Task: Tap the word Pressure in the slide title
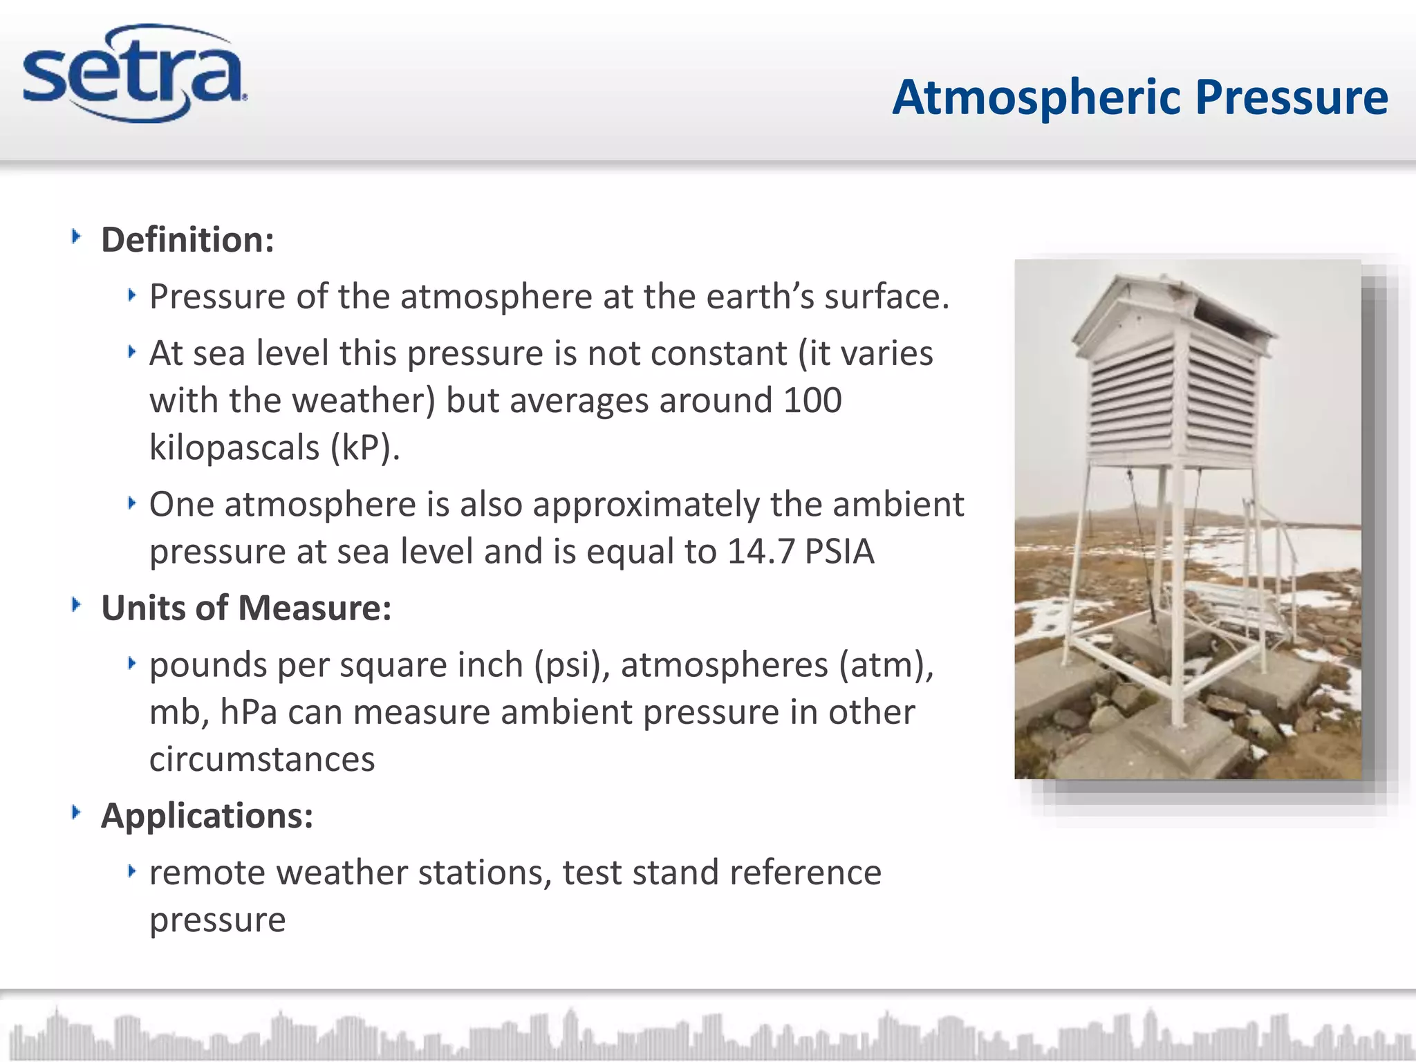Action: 1292,97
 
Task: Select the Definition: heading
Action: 187,240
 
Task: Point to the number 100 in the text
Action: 812,400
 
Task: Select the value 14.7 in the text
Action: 761,552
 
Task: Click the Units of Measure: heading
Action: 246,608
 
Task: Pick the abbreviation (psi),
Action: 572,665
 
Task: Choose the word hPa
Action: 249,712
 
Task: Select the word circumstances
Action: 262,759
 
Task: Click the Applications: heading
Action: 207,816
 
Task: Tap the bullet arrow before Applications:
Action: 77,812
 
